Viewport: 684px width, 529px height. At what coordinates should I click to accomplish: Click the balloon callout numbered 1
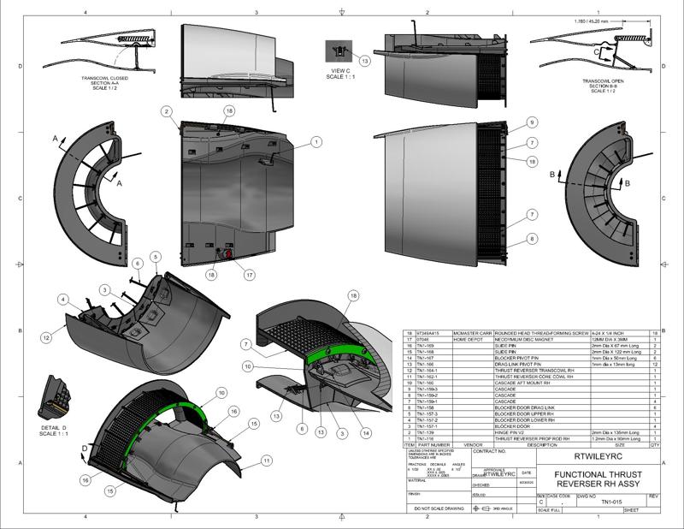pos(316,142)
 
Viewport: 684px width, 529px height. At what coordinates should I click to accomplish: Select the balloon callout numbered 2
pos(166,112)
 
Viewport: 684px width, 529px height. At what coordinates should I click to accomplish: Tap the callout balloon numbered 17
pos(250,275)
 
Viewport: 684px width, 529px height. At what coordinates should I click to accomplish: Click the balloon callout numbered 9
pos(532,122)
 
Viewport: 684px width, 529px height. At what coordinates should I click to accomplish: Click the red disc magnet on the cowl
pos(229,254)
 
